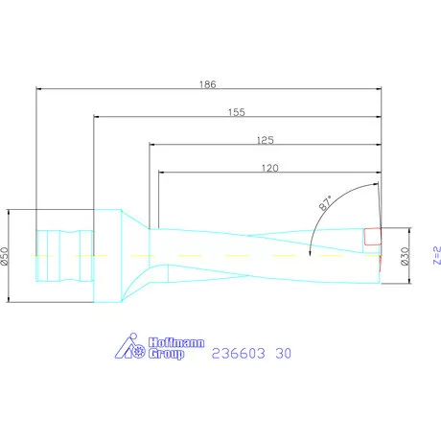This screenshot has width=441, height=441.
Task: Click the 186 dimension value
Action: click(x=208, y=84)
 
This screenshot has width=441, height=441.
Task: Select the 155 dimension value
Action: click(x=237, y=112)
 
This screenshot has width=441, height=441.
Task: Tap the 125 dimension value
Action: click(x=266, y=140)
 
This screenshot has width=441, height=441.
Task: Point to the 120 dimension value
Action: click(x=270, y=168)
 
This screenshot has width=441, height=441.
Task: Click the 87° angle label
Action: click(x=326, y=203)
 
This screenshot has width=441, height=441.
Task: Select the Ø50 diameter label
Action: click(x=4, y=256)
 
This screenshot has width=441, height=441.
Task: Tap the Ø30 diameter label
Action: click(x=405, y=256)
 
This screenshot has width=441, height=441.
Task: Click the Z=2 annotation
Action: click(x=437, y=255)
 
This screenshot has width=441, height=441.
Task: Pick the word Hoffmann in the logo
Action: click(x=176, y=342)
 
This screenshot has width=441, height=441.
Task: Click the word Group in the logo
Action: click(x=167, y=354)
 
